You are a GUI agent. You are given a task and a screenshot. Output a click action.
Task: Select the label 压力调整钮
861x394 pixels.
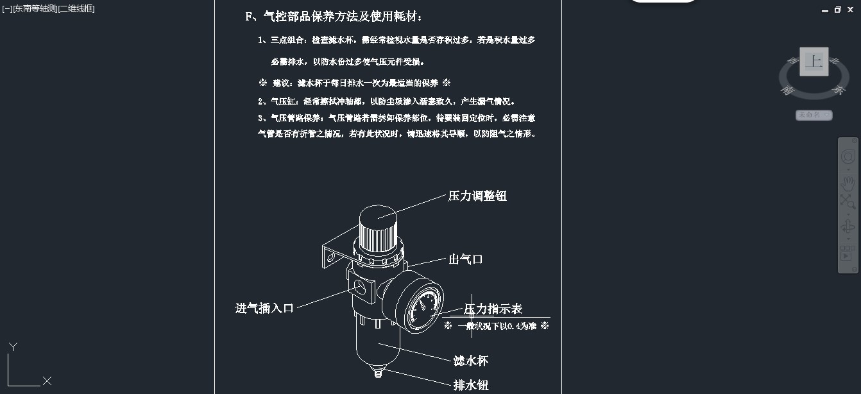click(x=477, y=196)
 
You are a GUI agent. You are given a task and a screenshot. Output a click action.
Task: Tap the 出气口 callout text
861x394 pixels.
click(x=465, y=260)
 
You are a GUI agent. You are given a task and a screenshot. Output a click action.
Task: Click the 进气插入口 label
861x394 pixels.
click(x=264, y=309)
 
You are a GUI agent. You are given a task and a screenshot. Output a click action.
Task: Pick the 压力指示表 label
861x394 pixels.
click(x=493, y=309)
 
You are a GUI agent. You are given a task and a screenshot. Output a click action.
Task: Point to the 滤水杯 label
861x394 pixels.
click(x=471, y=361)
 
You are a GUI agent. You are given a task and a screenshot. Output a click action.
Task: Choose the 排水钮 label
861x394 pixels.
click(x=471, y=386)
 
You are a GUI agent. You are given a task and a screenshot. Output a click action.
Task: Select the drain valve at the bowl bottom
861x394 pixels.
click(x=376, y=370)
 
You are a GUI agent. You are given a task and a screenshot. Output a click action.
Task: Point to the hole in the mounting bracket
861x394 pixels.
click(x=331, y=258)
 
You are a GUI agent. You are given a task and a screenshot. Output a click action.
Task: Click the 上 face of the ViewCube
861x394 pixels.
click(x=814, y=62)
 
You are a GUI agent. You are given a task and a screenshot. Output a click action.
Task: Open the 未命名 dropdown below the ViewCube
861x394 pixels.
click(x=814, y=116)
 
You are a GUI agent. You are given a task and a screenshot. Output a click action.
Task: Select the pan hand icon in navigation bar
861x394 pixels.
click(x=848, y=184)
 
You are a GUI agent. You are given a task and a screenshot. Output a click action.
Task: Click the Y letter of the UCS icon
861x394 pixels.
click(x=12, y=347)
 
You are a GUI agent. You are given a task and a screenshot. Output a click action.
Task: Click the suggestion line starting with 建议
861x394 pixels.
click(x=355, y=83)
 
